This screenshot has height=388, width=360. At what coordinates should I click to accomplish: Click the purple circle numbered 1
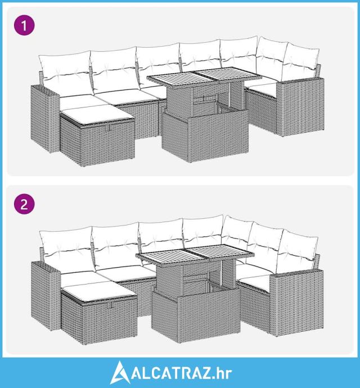click(x=24, y=25)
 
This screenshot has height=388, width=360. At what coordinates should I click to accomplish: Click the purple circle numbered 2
click(x=24, y=204)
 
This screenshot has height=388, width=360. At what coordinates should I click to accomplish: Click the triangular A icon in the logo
click(x=120, y=372)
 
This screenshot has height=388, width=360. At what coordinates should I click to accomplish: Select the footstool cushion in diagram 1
click(x=97, y=114)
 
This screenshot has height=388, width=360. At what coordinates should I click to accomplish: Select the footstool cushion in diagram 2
click(x=99, y=290)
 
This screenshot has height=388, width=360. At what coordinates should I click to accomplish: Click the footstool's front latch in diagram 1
click(x=108, y=128)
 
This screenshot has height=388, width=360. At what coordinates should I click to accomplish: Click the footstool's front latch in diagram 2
click(x=110, y=305)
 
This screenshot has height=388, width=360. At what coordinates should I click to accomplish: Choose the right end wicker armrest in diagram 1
click(x=300, y=107)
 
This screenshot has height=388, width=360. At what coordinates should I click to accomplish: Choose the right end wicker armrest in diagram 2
click(x=296, y=303)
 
